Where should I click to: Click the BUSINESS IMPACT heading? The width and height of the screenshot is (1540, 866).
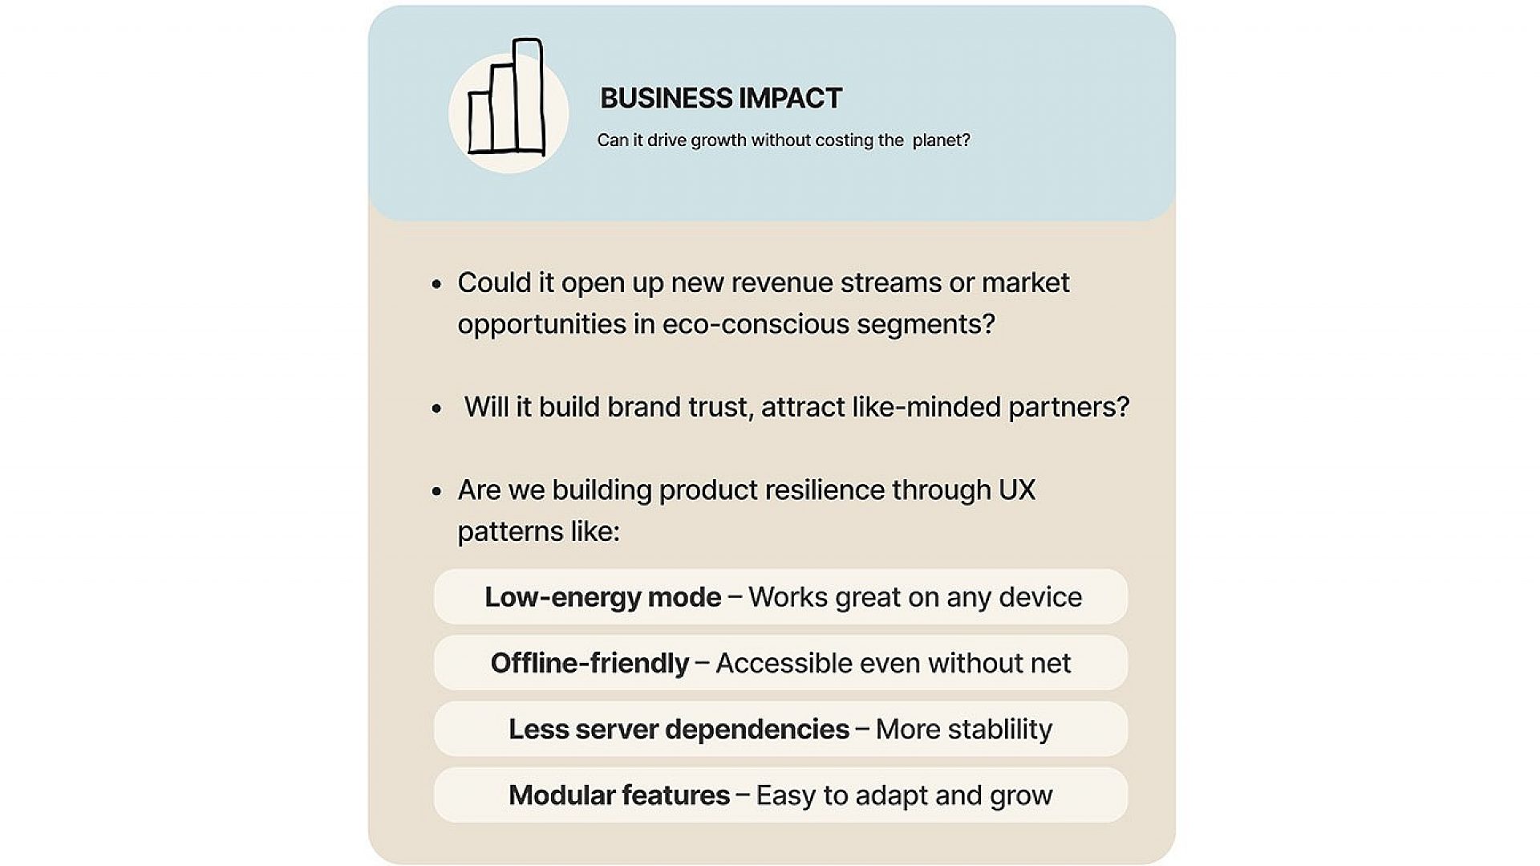pyautogui.click(x=721, y=98)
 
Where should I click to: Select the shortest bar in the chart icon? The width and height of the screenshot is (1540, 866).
pyautogui.click(x=480, y=122)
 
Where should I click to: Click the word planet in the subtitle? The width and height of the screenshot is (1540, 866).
pyautogui.click(x=941, y=140)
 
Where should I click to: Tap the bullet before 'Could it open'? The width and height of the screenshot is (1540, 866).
pyautogui.click(x=437, y=284)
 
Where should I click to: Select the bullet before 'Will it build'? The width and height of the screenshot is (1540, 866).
pyautogui.click(x=437, y=409)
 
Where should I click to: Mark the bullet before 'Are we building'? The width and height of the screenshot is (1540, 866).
pyautogui.click(x=437, y=491)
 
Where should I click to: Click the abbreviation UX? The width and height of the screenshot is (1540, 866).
pyautogui.click(x=1016, y=490)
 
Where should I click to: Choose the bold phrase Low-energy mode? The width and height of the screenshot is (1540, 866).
pyautogui.click(x=603, y=597)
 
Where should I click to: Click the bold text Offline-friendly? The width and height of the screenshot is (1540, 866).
pyautogui.click(x=590, y=663)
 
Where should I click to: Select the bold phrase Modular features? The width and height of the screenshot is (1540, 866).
pyautogui.click(x=619, y=795)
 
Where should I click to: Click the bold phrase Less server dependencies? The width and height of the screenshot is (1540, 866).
pyautogui.click(x=679, y=730)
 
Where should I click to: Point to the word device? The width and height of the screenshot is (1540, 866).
pyautogui.click(x=1040, y=597)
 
